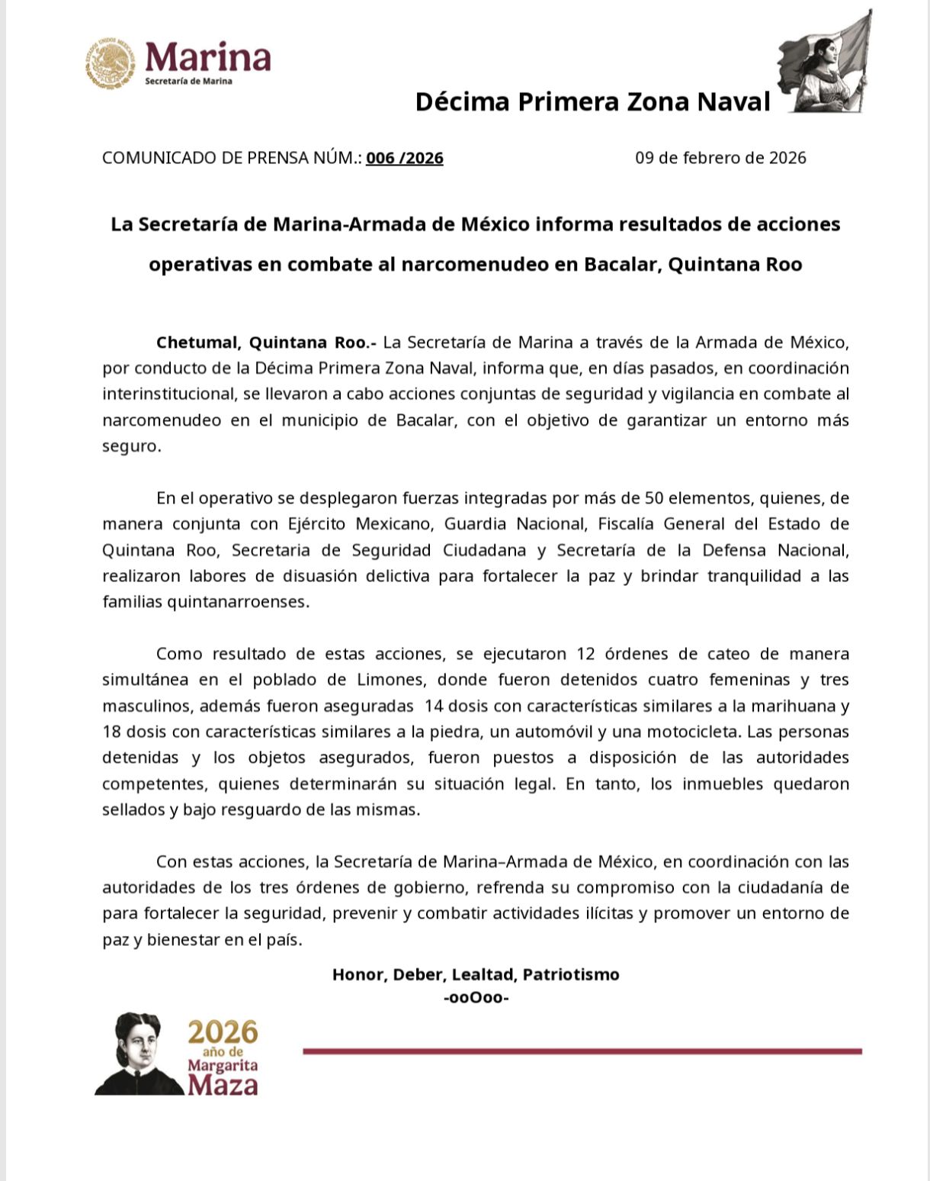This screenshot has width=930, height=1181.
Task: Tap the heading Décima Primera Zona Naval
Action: [x=592, y=101]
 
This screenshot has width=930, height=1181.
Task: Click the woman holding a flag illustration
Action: [x=826, y=65]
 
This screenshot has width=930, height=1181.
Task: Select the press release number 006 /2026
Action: [x=404, y=158]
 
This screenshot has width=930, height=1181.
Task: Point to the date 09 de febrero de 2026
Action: [x=720, y=158]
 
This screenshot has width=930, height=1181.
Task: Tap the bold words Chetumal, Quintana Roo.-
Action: [x=266, y=342]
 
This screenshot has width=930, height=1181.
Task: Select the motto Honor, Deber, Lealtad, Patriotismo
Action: [x=476, y=974]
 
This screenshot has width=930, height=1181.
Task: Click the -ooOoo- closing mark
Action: [x=476, y=997]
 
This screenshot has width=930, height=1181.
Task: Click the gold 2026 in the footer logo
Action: [x=223, y=1032]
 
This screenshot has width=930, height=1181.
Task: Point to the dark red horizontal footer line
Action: [x=582, y=1051]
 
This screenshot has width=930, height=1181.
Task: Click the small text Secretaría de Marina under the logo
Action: [x=188, y=81]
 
